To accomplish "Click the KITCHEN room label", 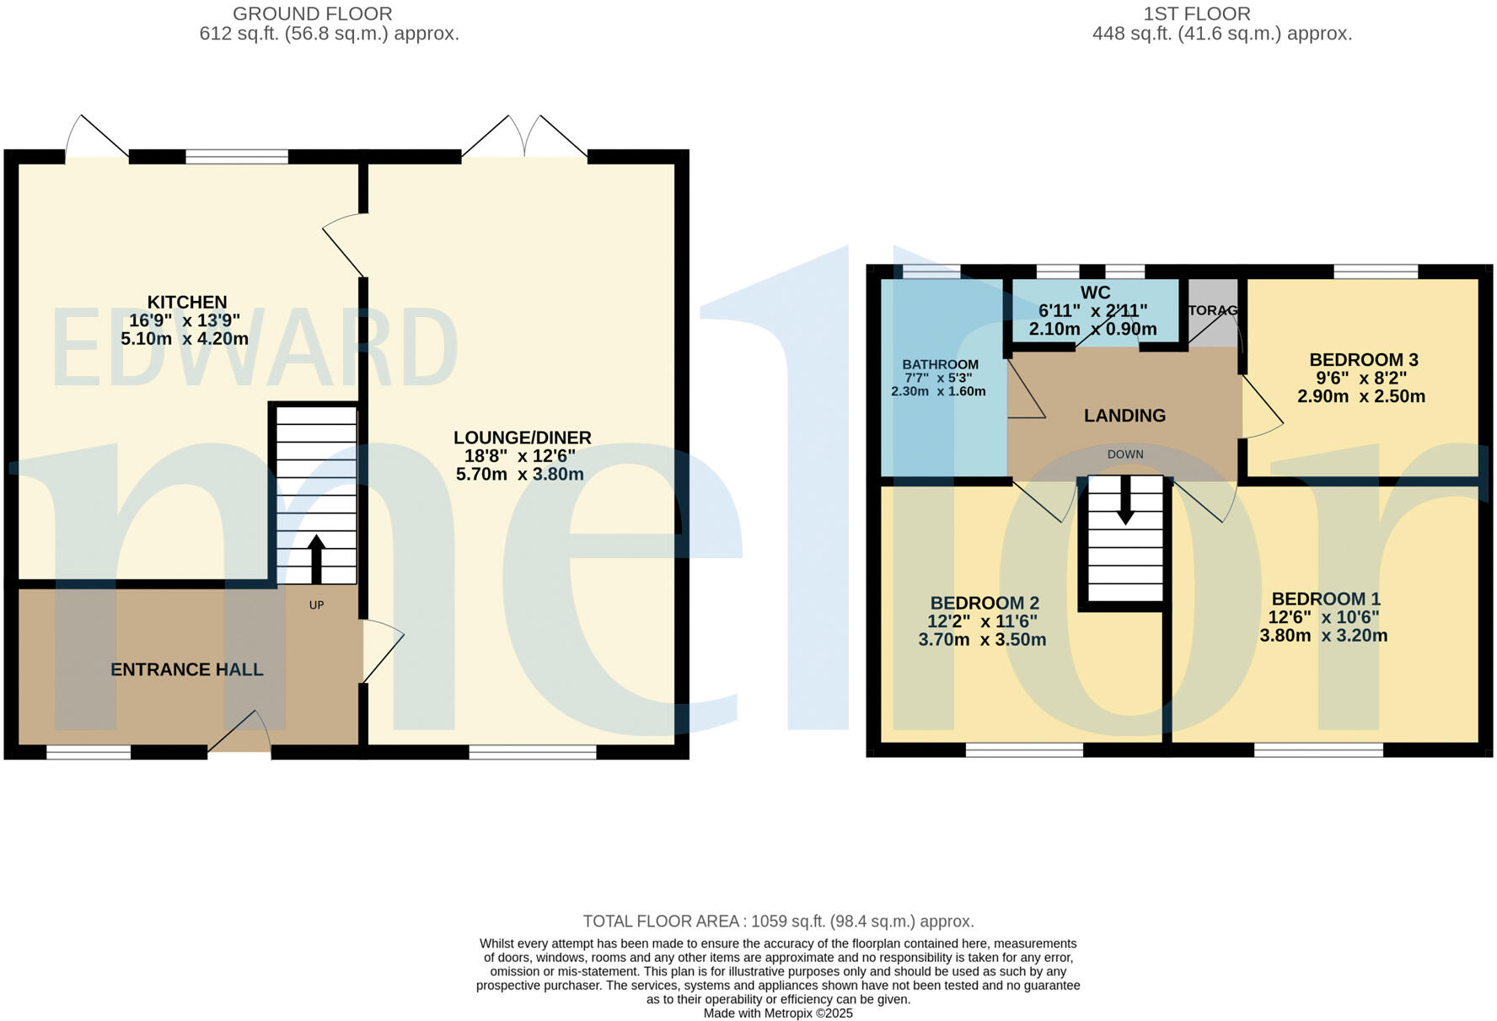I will (187, 302).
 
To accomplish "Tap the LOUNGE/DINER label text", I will (522, 438).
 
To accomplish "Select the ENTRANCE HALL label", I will (187, 669).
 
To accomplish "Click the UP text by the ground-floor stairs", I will (316, 605).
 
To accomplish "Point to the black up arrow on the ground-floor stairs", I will (316, 557).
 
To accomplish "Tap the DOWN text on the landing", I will (1125, 454).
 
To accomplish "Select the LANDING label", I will (1124, 416).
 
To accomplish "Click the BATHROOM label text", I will (940, 365).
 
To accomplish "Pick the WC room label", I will (1095, 293).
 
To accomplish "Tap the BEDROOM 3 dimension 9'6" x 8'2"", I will (1363, 379).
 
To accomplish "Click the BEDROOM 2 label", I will (984, 603).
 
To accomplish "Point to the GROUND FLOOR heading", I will (312, 14).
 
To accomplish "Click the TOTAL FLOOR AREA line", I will (777, 922).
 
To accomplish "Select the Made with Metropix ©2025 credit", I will (777, 1013).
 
